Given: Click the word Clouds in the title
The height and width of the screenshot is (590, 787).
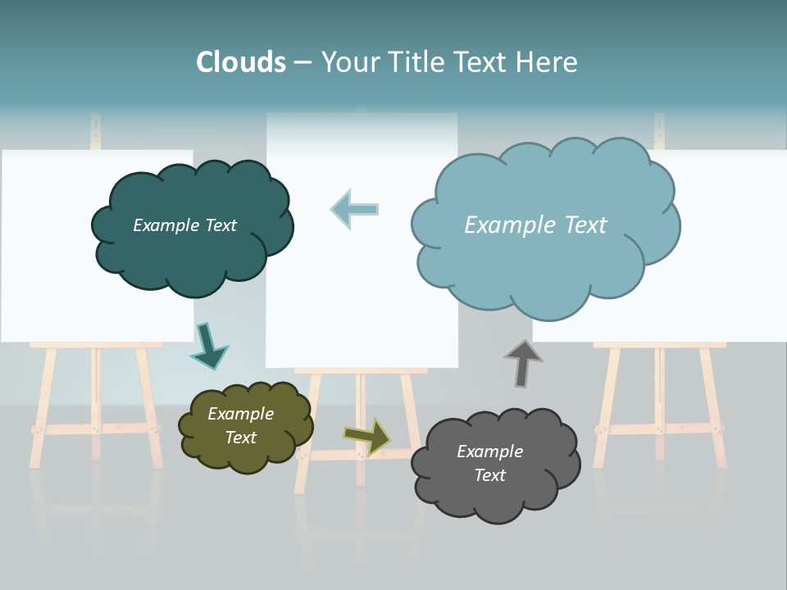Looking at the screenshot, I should (x=241, y=62).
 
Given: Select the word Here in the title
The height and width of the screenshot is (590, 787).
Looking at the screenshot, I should (x=547, y=62).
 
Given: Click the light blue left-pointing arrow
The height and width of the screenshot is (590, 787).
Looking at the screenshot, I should (x=355, y=210).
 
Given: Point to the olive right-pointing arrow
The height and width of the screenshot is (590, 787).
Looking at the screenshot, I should (x=367, y=437).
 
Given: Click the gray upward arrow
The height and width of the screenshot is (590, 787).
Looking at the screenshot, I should (x=522, y=363).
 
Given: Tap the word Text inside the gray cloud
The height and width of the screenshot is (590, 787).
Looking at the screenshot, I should (x=489, y=475).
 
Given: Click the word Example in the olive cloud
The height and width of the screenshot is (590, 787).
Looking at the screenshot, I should (x=241, y=414).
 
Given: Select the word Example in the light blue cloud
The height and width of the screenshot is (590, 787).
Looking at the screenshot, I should (x=502, y=225).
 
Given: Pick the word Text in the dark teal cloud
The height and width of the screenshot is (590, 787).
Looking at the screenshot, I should (x=220, y=225).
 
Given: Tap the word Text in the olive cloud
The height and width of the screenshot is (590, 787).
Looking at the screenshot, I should (x=241, y=438).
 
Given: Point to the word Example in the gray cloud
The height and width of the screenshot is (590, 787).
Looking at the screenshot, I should (x=489, y=452).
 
